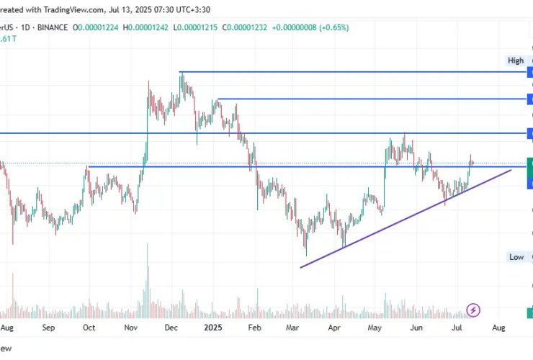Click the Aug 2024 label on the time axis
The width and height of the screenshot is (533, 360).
(7, 328)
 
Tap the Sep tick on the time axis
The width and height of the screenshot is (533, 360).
(49, 328)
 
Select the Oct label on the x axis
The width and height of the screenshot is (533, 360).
(89, 328)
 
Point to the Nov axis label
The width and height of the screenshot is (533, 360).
(130, 328)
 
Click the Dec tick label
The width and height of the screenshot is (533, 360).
(171, 328)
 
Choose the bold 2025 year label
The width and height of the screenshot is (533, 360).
(213, 328)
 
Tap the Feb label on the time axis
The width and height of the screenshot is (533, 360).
(254, 328)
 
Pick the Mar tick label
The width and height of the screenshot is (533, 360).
(292, 328)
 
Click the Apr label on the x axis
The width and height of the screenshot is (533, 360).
(334, 328)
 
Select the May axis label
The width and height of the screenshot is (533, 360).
(375, 328)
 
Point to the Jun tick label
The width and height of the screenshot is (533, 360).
(416, 328)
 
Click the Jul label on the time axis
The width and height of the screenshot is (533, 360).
(457, 328)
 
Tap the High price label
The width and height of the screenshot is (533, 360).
(516, 61)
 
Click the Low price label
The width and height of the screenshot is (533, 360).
(516, 257)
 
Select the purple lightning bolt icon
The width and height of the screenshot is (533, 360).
(473, 310)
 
